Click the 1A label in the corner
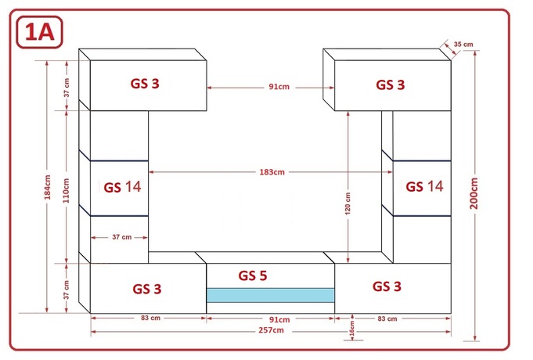pos(39,32)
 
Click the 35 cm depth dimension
pos(463,44)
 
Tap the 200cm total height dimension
pos(474,193)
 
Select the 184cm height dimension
pos(48,186)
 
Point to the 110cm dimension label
pos(66,190)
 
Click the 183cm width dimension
pos(272,172)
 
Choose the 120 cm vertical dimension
pos(348,203)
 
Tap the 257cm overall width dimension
pos(271,330)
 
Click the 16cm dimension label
pos(352,329)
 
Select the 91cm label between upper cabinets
pos(279,87)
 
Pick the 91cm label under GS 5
pos(279,319)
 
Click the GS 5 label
pos(253,275)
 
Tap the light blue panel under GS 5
pos(271,295)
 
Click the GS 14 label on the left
pos(122,187)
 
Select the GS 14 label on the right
pos(424,186)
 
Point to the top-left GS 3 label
pos(145,84)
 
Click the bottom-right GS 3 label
pos(387,286)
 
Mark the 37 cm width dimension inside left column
pos(121,237)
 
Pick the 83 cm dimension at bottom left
pos(150,318)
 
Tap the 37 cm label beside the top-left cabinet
pos(67,88)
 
